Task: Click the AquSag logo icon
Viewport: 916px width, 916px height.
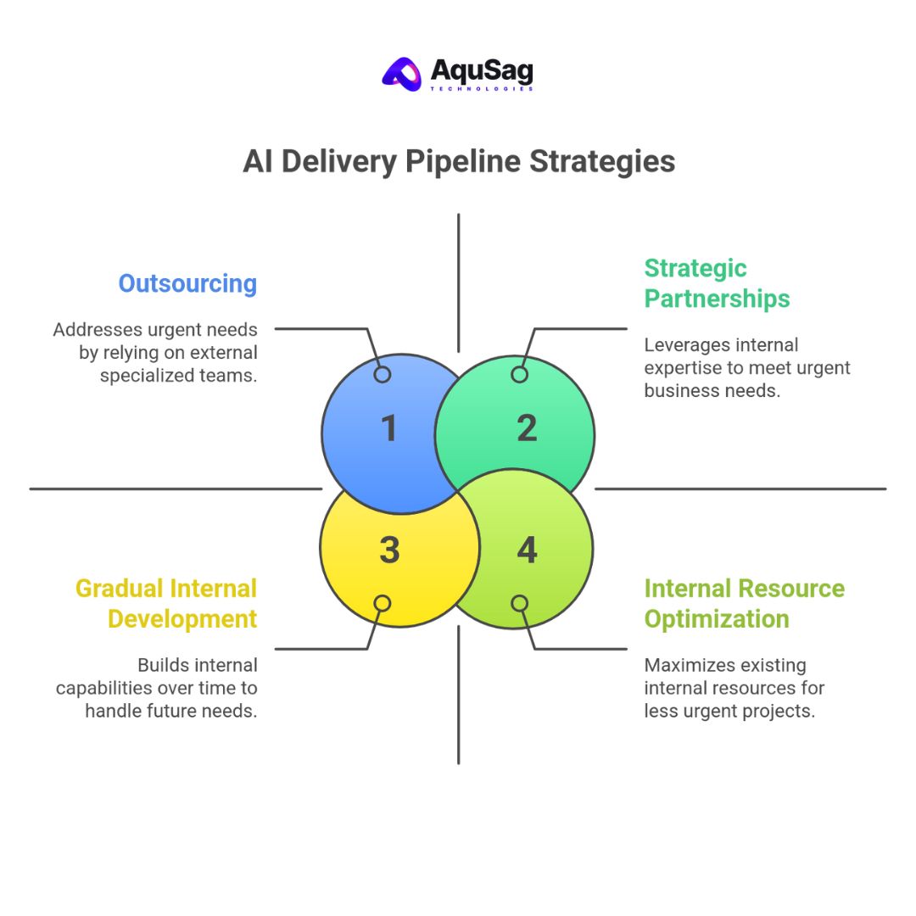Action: pyautogui.click(x=402, y=73)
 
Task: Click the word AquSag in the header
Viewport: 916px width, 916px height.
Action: pyautogui.click(x=482, y=70)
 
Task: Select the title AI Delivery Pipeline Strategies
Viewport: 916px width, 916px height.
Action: pyautogui.click(x=458, y=161)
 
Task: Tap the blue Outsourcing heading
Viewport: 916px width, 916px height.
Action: pyautogui.click(x=187, y=283)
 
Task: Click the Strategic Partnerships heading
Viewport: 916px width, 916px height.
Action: pyautogui.click(x=717, y=283)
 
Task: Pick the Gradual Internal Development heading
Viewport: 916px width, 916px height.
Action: pyautogui.click(x=166, y=603)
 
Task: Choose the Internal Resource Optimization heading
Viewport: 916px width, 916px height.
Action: pyautogui.click(x=744, y=603)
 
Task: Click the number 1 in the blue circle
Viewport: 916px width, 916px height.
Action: pyautogui.click(x=389, y=428)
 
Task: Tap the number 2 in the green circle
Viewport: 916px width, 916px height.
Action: pyautogui.click(x=527, y=428)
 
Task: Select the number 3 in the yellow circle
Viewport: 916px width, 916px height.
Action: pyautogui.click(x=389, y=550)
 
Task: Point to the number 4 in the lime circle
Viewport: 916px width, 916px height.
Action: pyautogui.click(x=527, y=550)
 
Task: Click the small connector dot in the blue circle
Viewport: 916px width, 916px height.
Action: pyautogui.click(x=383, y=374)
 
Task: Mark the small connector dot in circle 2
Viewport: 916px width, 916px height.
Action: pyautogui.click(x=520, y=374)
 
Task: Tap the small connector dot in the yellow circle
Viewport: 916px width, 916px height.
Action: pyautogui.click(x=383, y=603)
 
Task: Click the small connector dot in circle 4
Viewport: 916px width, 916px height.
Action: pyautogui.click(x=520, y=603)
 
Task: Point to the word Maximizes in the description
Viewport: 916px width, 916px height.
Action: pyautogui.click(x=684, y=666)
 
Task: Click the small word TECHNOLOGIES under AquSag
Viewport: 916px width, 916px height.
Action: pyautogui.click(x=482, y=88)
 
